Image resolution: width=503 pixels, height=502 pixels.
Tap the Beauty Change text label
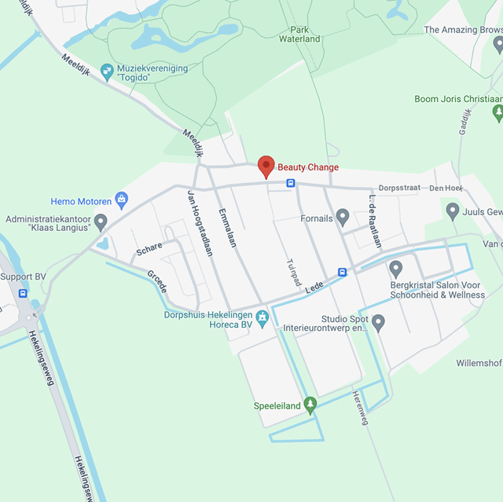[x=308, y=167]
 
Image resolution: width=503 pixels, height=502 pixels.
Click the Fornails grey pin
[x=342, y=216]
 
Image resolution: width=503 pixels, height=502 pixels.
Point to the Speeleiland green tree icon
[x=310, y=405]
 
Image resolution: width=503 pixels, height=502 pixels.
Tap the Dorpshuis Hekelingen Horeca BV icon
[x=263, y=317]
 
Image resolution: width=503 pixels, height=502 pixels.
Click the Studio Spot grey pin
[x=378, y=322]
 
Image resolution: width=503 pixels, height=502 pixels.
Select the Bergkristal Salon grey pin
[x=396, y=269]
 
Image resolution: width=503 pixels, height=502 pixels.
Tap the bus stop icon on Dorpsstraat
[x=291, y=183]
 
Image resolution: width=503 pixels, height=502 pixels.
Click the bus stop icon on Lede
[x=343, y=273]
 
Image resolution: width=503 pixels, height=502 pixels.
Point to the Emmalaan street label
[x=228, y=227]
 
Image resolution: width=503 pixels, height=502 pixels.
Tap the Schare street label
[x=149, y=247]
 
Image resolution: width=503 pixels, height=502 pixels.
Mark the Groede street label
[x=157, y=281]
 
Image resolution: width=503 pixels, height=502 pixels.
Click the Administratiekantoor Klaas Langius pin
[x=101, y=222]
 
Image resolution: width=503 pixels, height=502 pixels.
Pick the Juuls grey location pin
[x=453, y=211]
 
